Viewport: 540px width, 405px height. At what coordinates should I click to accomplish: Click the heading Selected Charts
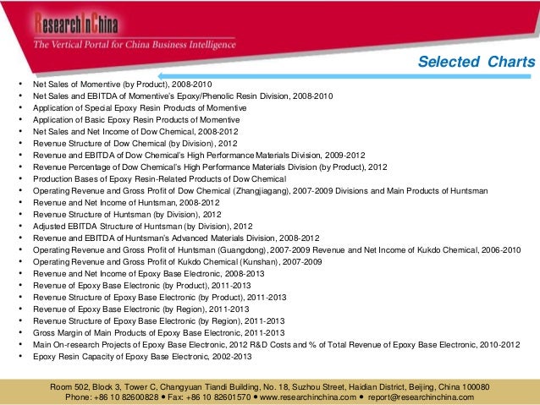tap(477, 63)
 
